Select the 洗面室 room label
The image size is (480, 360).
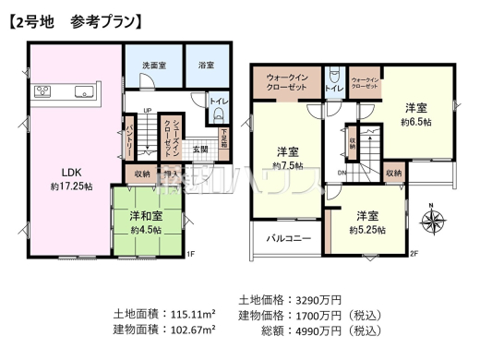pyautogui.click(x=153, y=66)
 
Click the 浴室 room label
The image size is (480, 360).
pyautogui.click(x=206, y=66)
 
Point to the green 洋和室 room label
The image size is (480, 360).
pyautogui.click(x=146, y=222)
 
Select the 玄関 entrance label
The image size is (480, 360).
pyautogui.click(x=200, y=148)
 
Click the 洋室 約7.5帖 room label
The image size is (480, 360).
pyautogui.click(x=287, y=157)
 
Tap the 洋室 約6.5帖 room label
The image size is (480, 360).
pyautogui.click(x=417, y=113)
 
